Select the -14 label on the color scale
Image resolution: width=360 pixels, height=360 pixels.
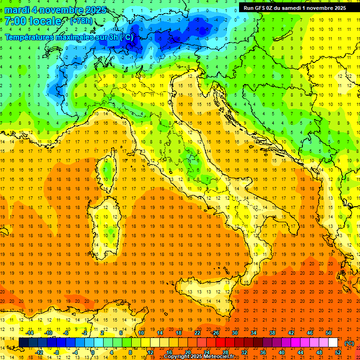pos(30,333)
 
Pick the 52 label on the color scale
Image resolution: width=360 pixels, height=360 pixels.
pos(337,352)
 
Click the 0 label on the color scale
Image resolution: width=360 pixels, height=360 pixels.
pos(93,352)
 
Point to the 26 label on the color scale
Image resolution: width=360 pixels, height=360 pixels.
pos(216,333)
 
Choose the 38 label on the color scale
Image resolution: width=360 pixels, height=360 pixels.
pos(272,333)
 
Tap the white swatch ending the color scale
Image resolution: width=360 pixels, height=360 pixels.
pos(333,343)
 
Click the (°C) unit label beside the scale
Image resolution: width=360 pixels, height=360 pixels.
pos(349,343)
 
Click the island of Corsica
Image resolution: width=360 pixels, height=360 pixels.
pos(109,169)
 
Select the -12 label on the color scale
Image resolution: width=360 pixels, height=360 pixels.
pos(40,352)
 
